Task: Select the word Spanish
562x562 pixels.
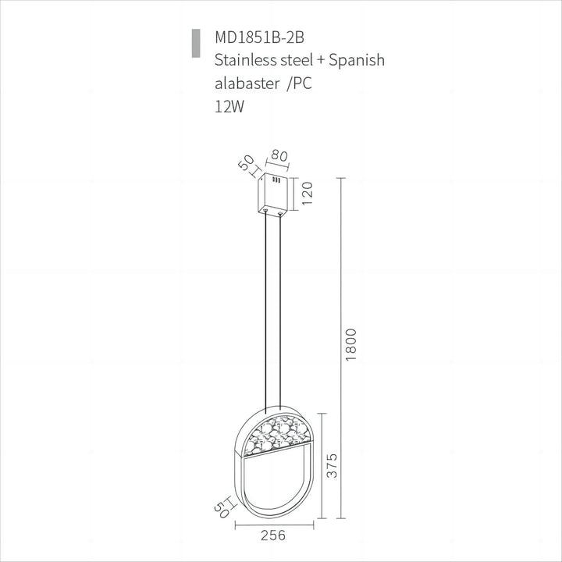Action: click(357, 61)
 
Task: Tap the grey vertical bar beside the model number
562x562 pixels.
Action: click(194, 44)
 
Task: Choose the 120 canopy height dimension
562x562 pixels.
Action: click(308, 191)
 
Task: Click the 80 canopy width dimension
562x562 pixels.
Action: click(279, 155)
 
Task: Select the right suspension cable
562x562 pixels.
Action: click(280, 312)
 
